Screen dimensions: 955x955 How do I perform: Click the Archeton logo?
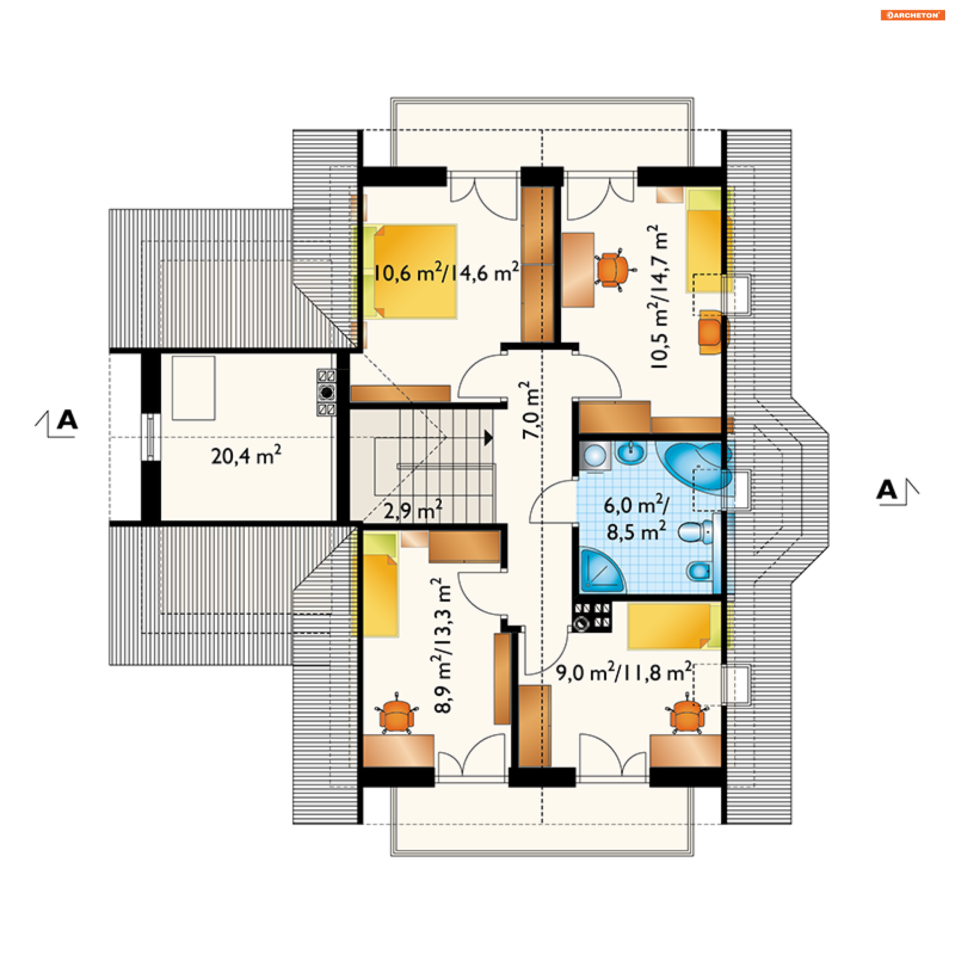point(912,15)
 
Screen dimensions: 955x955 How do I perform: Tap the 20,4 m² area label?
point(246,455)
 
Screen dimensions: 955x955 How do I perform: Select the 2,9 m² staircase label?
point(413,510)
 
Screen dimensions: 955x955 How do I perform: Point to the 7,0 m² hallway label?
point(531,411)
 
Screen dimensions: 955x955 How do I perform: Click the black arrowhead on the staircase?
point(489,438)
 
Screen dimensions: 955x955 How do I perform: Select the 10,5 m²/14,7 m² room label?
point(659,296)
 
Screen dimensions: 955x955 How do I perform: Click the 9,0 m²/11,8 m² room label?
point(624,672)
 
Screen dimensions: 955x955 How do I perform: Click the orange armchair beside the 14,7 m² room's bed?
point(713,332)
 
